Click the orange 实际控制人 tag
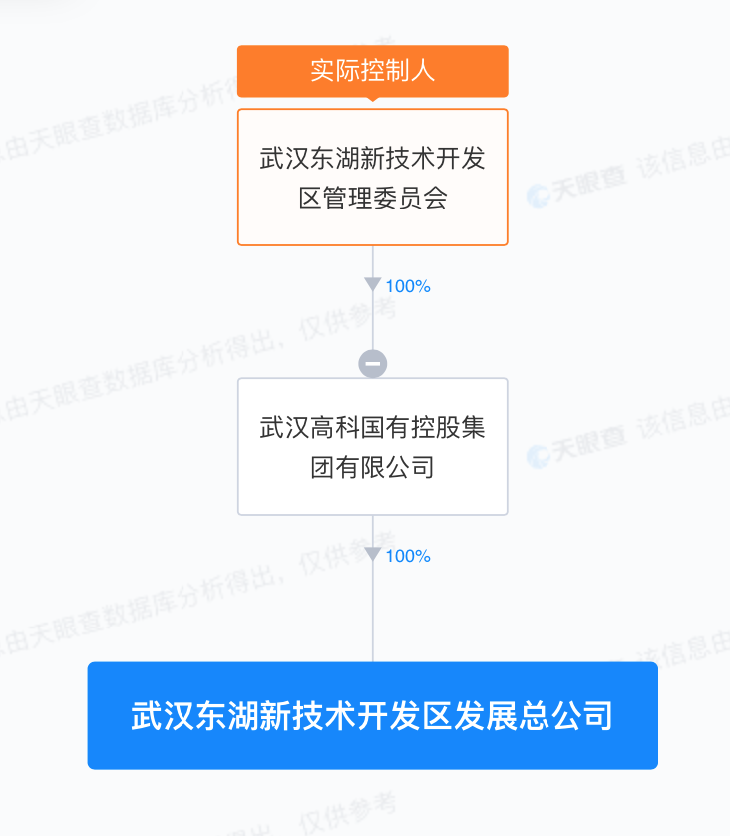(372, 71)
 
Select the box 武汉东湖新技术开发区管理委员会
(372, 177)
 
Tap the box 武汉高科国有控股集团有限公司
(372, 446)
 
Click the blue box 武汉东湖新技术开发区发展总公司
(372, 715)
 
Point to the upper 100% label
(407, 286)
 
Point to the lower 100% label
(407, 556)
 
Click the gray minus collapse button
(372, 364)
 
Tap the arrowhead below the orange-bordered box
(372, 285)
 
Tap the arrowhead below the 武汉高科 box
(372, 555)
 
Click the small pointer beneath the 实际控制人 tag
(372, 100)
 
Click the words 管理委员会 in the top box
(385, 198)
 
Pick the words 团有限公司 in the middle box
(372, 466)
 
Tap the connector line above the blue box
(372, 619)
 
